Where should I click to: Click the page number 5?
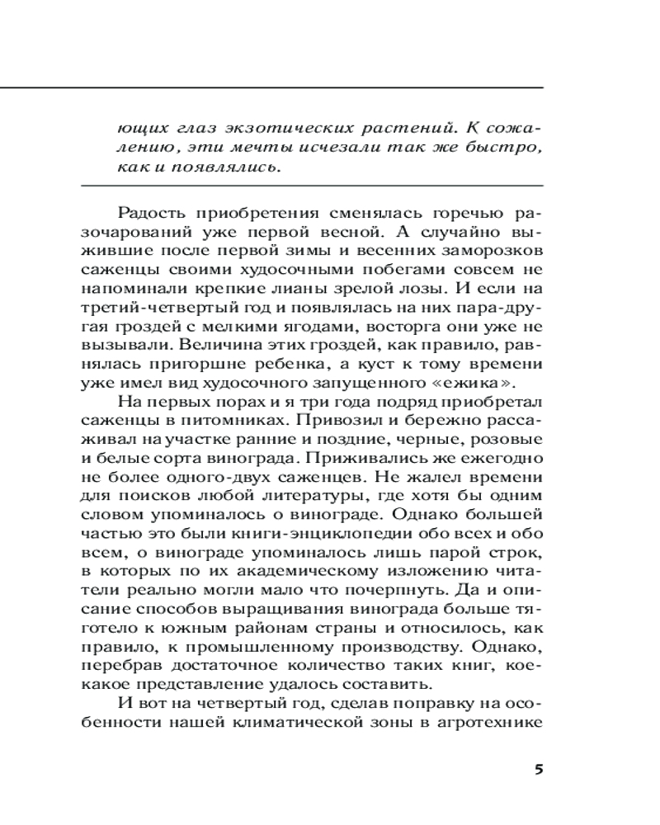539,771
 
